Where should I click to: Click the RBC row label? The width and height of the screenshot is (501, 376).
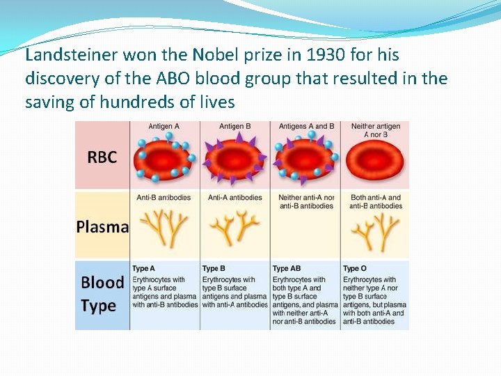click(x=102, y=157)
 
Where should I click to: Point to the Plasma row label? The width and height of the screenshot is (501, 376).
click(x=102, y=227)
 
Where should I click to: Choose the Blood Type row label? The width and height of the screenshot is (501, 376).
click(x=102, y=294)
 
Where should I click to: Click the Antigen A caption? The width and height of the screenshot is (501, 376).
click(x=165, y=127)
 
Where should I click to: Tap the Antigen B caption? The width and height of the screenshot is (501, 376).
click(x=235, y=127)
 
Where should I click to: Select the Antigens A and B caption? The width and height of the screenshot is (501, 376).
click(x=305, y=127)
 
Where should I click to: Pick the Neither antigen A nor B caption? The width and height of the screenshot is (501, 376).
click(x=376, y=130)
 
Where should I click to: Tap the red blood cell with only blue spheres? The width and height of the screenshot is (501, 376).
click(x=165, y=160)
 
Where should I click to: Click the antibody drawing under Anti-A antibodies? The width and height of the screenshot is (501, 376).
click(x=235, y=228)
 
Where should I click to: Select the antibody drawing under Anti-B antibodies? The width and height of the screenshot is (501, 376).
click(x=165, y=228)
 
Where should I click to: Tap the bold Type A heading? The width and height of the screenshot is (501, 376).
click(x=143, y=269)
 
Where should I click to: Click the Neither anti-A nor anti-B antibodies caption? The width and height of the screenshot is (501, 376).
click(x=306, y=201)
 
